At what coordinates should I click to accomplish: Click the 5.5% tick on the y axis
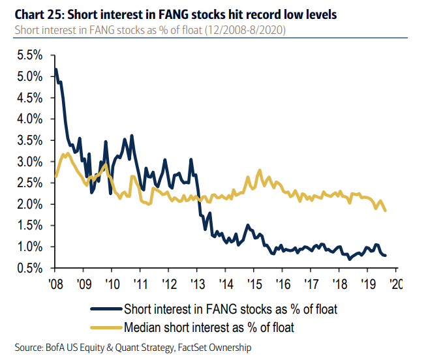pyautogui.click(x=29, y=55)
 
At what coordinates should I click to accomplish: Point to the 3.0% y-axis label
pyautogui.click(x=29, y=162)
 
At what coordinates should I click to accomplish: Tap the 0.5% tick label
pyautogui.click(x=29, y=267)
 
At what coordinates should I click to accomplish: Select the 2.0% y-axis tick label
pyautogui.click(x=29, y=204)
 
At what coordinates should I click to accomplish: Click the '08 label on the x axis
pyautogui.click(x=55, y=284)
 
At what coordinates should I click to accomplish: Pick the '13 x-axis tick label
pyautogui.click(x=198, y=284)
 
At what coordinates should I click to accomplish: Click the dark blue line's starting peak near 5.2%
pyautogui.click(x=56, y=69)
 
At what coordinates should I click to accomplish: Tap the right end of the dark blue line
pyautogui.click(x=385, y=255)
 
